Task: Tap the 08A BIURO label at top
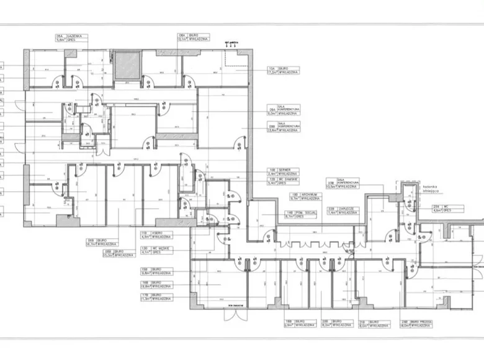[191, 37]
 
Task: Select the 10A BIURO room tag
[283, 70]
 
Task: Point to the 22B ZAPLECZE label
[341, 210]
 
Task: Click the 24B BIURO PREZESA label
[416, 324]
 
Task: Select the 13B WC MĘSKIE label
[156, 250]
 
